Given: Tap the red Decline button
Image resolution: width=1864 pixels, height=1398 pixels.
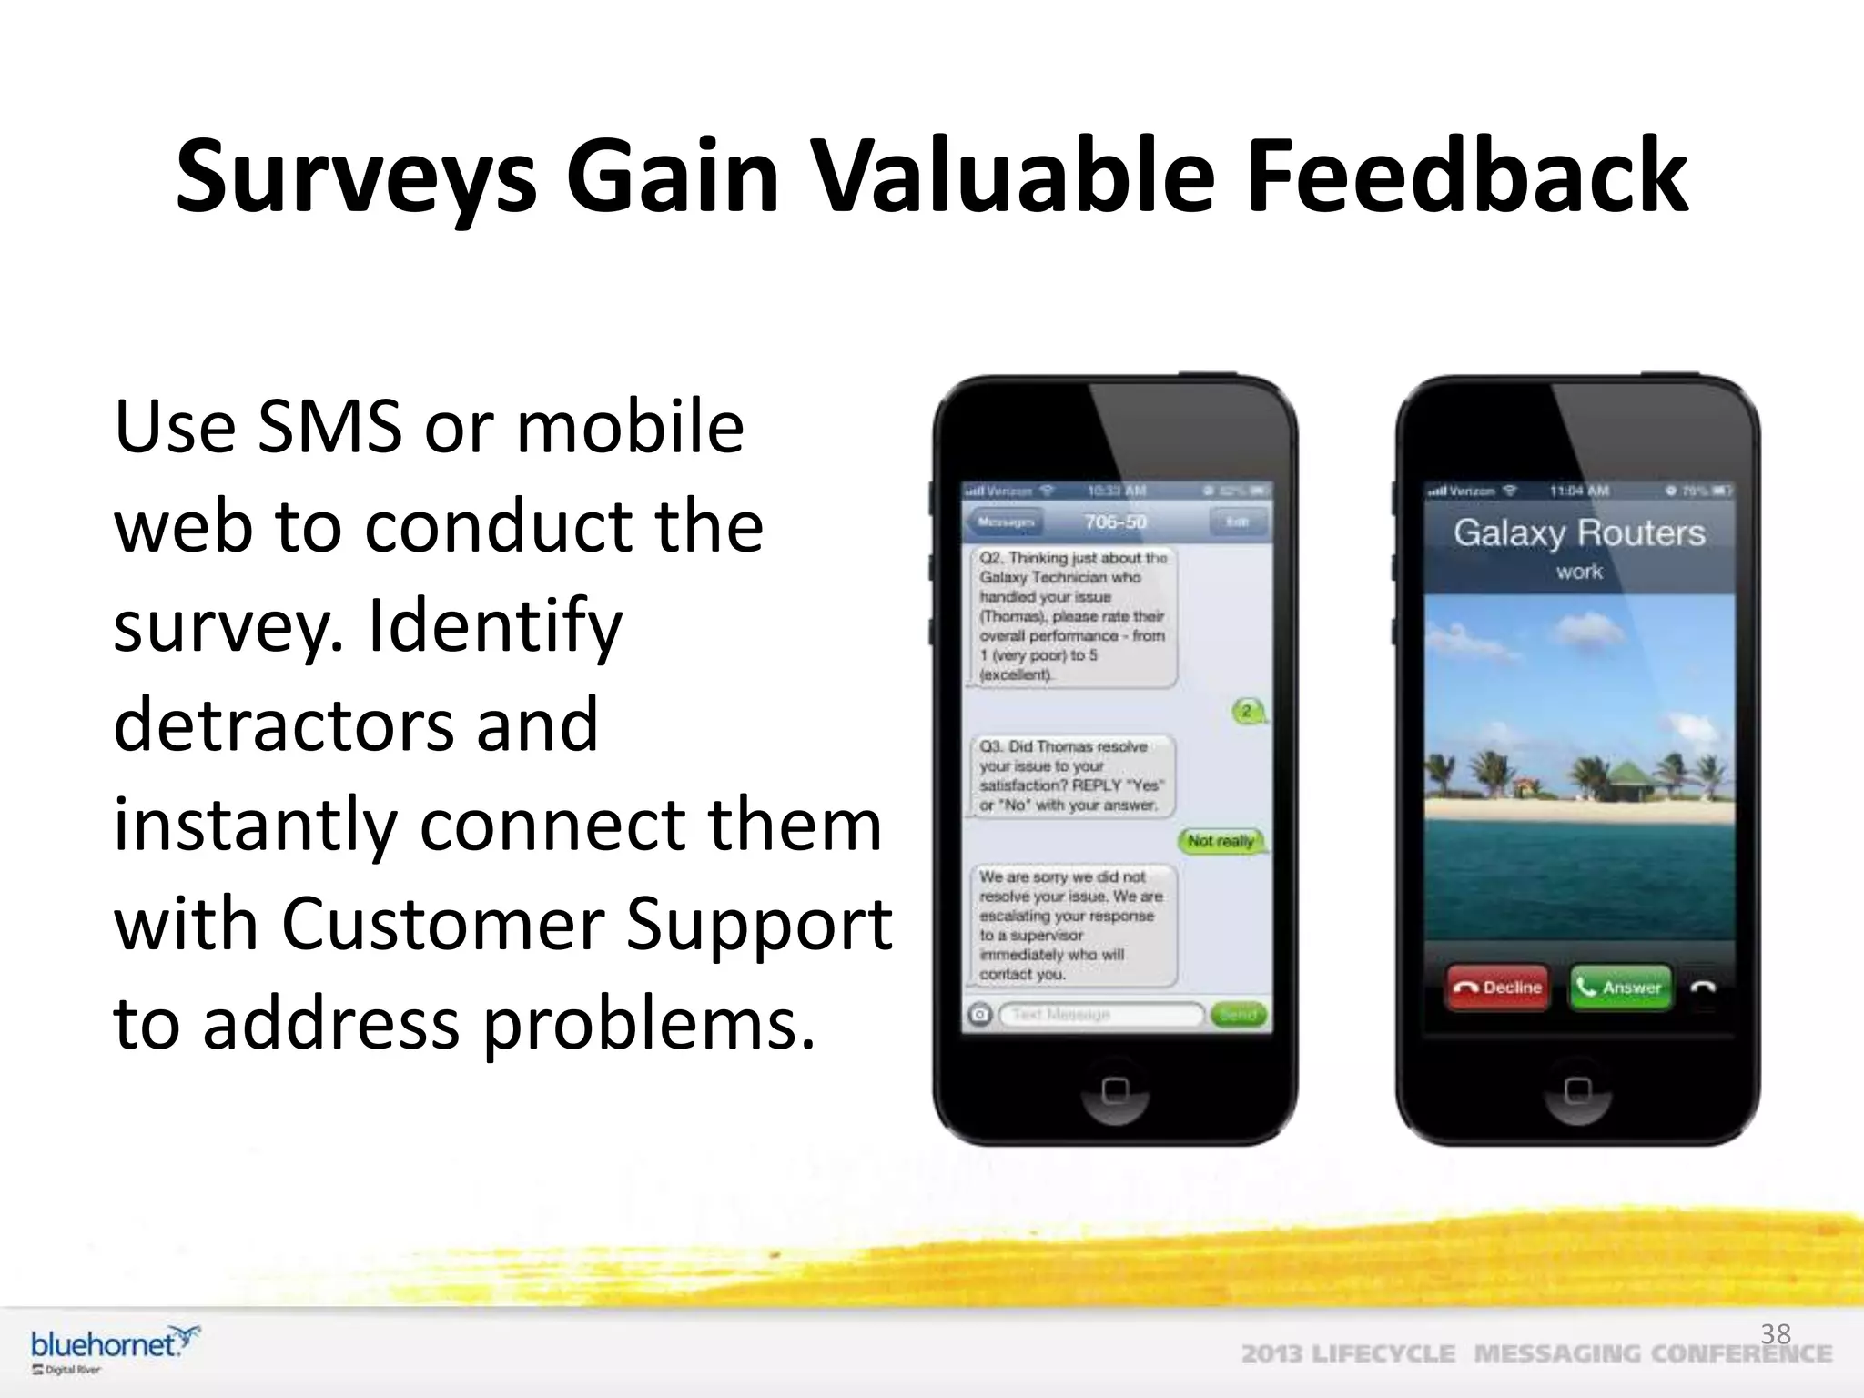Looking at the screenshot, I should pyautogui.click(x=1497, y=987).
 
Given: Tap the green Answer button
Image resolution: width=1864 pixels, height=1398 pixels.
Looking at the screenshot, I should pyautogui.click(x=1621, y=987).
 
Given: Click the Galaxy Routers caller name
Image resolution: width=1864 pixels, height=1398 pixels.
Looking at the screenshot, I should pyautogui.click(x=1578, y=532).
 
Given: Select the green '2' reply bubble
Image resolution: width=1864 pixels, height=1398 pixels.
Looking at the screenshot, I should pyautogui.click(x=1247, y=711).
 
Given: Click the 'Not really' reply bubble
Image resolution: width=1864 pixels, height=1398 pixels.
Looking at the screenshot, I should pyautogui.click(x=1221, y=841).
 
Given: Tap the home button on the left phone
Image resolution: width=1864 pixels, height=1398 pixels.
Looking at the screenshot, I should pyautogui.click(x=1115, y=1089).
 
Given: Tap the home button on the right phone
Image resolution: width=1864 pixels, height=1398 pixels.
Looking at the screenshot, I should pyautogui.click(x=1577, y=1089).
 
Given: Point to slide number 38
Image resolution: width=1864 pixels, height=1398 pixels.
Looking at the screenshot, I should pyautogui.click(x=1775, y=1334).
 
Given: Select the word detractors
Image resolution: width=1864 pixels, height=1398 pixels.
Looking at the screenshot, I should pyautogui.click(x=282, y=724).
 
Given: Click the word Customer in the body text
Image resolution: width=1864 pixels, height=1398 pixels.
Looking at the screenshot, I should pyautogui.click(x=441, y=925).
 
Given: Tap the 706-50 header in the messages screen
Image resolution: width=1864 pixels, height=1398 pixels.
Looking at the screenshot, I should pyautogui.click(x=1115, y=522).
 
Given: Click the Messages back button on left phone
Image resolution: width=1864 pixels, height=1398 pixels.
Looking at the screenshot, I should pyautogui.click(x=1006, y=522).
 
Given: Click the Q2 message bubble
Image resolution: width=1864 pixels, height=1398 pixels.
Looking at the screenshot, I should pyautogui.click(x=1072, y=616).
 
